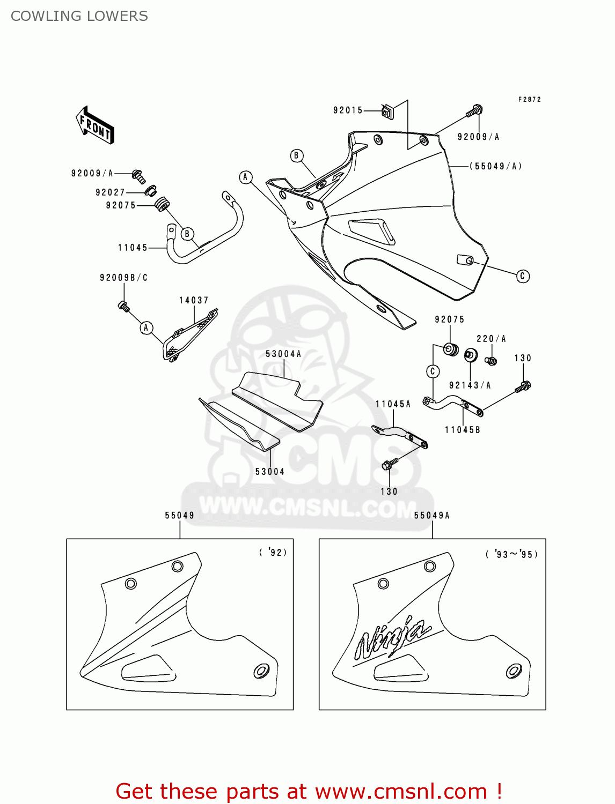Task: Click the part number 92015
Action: tap(348, 110)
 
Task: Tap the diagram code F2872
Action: tap(529, 100)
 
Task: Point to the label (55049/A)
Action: tap(496, 166)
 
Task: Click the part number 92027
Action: tap(110, 192)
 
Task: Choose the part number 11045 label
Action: tap(133, 248)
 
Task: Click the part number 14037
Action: tap(194, 300)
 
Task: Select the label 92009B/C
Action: tap(123, 278)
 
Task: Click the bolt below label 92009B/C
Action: tap(123, 307)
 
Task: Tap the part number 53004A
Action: tap(283, 354)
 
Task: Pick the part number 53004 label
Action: tap(269, 472)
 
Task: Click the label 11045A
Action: tap(393, 404)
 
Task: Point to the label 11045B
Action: tap(462, 430)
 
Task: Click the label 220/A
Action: tap(491, 339)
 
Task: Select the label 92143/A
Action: tap(470, 385)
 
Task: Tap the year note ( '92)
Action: tap(273, 552)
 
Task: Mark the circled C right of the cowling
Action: tap(523, 276)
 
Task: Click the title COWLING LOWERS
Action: tap(79, 16)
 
